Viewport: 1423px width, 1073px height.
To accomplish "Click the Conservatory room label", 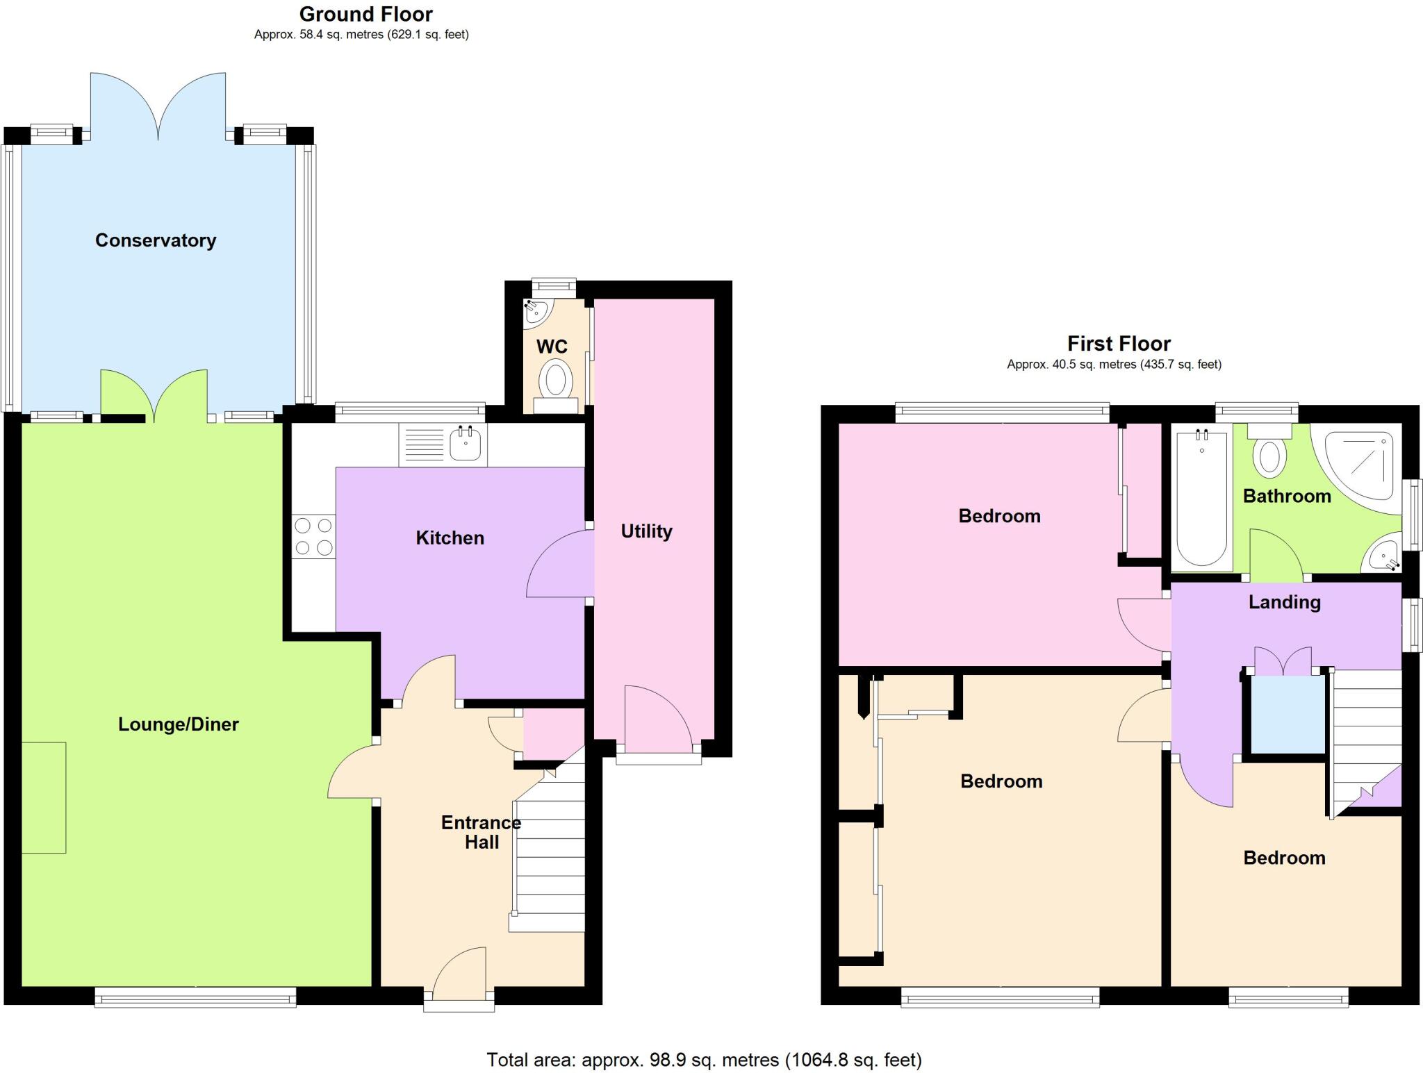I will click(156, 240).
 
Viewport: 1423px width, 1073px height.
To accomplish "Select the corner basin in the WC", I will click(536, 312).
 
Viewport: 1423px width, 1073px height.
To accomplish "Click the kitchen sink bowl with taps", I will click(465, 443).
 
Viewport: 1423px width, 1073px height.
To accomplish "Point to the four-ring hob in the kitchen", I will click(313, 536).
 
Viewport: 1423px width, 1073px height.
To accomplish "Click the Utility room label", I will click(646, 531).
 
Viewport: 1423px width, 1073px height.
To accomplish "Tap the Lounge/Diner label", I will click(179, 724).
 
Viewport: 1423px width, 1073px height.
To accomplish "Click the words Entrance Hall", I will click(481, 832).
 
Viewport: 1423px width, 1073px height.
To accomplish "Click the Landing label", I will click(1284, 602).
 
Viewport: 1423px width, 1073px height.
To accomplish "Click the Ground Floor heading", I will click(365, 14).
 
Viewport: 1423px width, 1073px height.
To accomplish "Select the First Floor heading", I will click(1119, 344).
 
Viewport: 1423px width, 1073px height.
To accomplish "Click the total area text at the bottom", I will click(704, 1060).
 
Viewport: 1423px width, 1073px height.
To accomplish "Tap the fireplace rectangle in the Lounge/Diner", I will click(44, 797).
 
